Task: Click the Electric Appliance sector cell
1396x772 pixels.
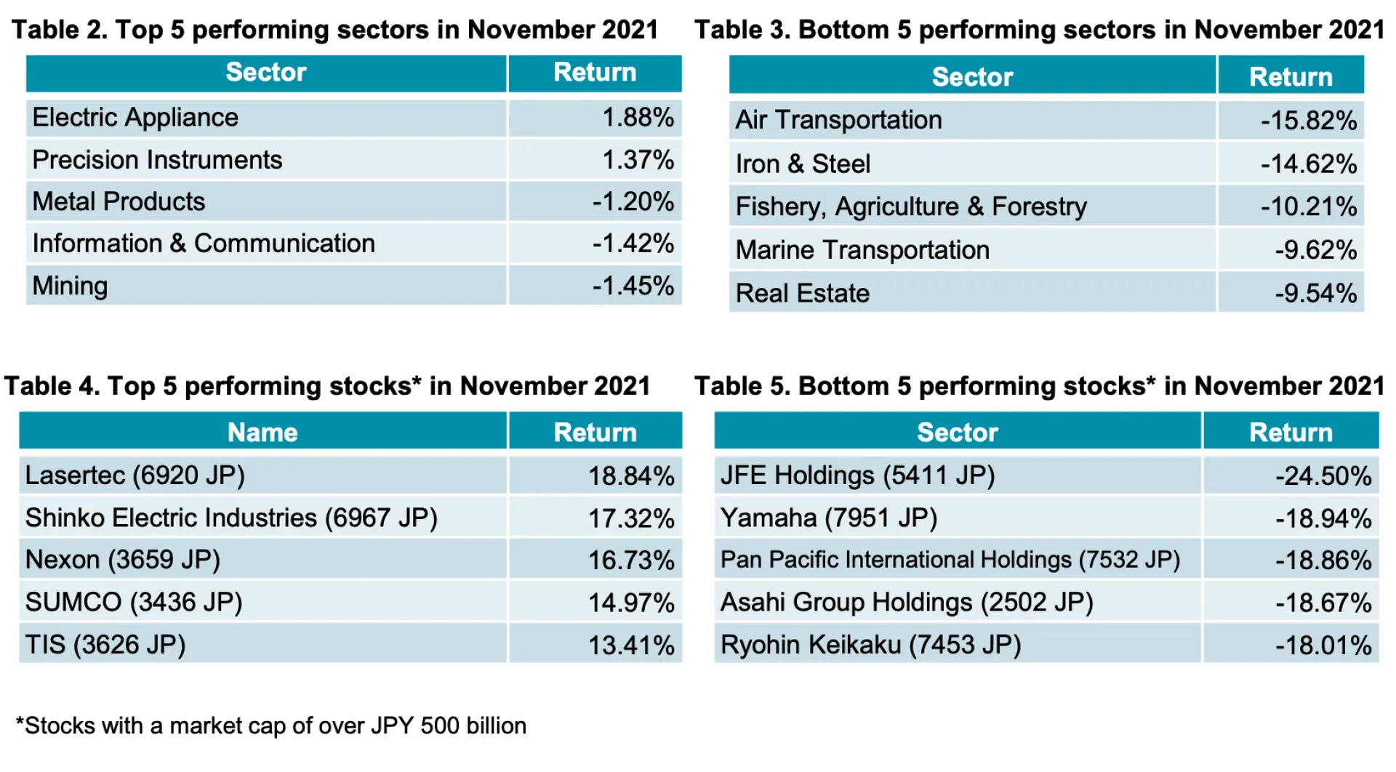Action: pos(135,118)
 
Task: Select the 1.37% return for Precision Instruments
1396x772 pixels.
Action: pos(638,160)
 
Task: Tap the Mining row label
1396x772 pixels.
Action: pos(70,286)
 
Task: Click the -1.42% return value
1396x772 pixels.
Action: pos(633,244)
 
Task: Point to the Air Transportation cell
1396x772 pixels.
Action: pos(838,120)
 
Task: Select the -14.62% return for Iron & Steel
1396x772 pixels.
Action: pos(1308,164)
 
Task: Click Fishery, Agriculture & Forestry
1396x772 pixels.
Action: pos(910,207)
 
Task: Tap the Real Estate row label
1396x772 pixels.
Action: pos(802,294)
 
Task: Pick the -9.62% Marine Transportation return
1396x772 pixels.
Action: pos(1315,250)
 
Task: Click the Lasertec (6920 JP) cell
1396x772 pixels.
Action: pos(135,475)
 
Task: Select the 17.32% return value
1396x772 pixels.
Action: pos(630,518)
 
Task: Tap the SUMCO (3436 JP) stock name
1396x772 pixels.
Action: pos(134,603)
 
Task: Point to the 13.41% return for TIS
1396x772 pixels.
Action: pos(630,646)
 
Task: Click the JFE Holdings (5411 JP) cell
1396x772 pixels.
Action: pos(857,475)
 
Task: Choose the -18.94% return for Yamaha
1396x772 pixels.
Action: pos(1323,518)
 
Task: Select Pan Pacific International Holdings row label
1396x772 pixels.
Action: pos(950,560)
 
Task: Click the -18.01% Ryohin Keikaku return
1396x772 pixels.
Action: pos(1323,646)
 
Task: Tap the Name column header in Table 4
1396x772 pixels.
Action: pos(262,433)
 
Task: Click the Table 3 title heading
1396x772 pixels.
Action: pos(1039,30)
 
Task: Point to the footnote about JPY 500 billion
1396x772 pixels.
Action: pos(271,725)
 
